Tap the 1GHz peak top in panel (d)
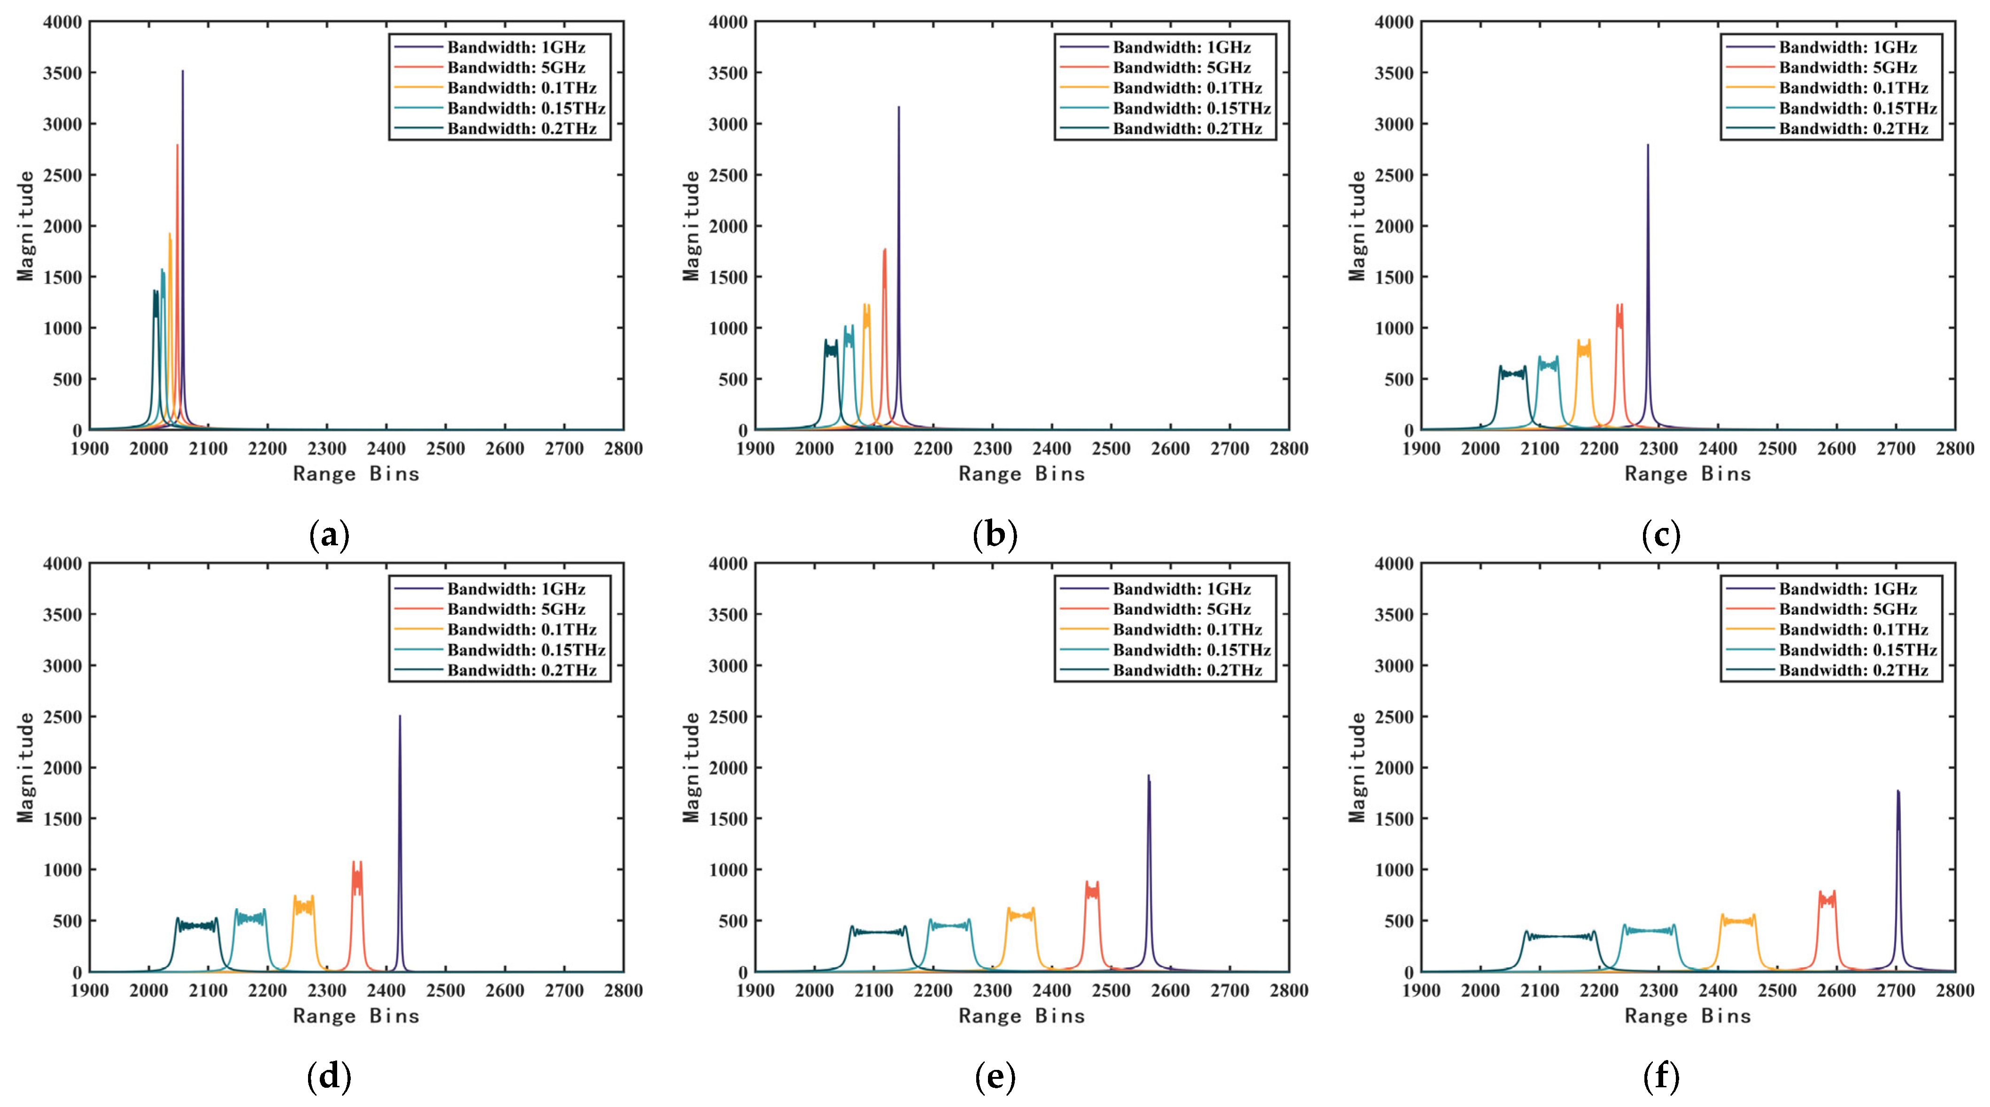[x=400, y=717]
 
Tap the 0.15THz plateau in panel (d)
[x=250, y=918]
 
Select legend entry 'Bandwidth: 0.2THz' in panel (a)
[x=522, y=128]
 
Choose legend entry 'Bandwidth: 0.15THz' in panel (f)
[x=1857, y=650]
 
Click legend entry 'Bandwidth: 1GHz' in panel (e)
[x=1181, y=588]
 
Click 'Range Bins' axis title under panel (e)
[x=1021, y=1016]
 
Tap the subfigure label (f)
[x=1661, y=1076]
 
